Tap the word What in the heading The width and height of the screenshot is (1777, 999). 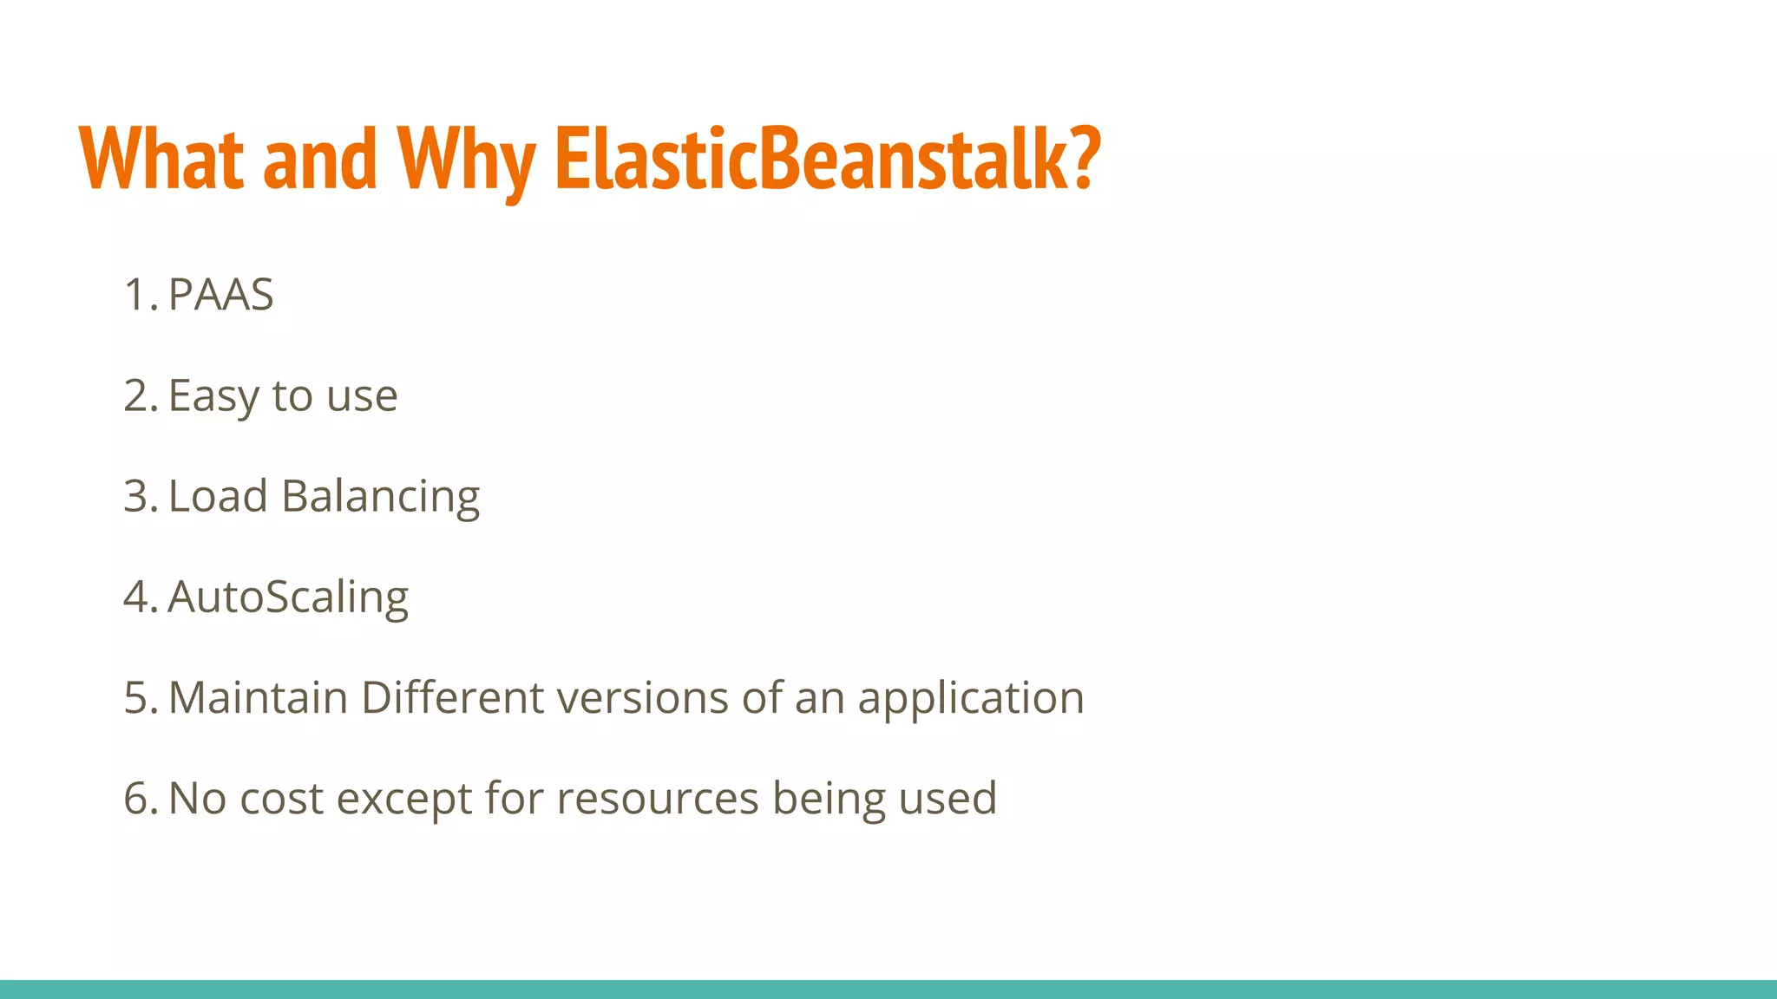click(x=161, y=158)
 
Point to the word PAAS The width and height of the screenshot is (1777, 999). click(x=220, y=294)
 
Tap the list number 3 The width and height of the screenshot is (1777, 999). click(x=137, y=496)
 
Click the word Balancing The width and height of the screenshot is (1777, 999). click(x=380, y=498)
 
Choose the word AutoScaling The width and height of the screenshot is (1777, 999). click(x=287, y=598)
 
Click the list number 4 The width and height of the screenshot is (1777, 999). click(x=137, y=597)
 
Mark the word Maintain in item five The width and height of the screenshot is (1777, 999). click(x=258, y=697)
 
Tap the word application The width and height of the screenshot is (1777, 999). click(x=971, y=699)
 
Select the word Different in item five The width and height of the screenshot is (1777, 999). click(x=451, y=697)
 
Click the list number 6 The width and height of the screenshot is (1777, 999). click(x=137, y=798)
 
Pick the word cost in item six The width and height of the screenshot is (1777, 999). click(x=281, y=798)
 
